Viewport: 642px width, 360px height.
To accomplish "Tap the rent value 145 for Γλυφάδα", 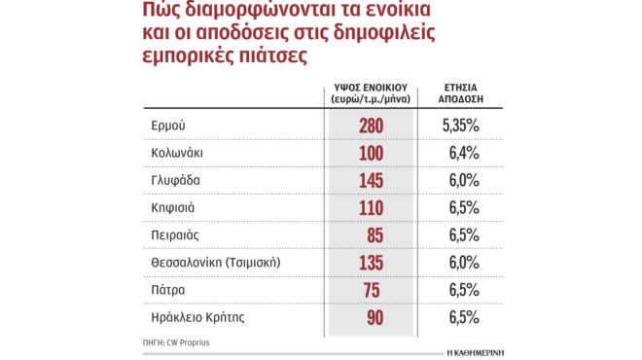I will point(370,180).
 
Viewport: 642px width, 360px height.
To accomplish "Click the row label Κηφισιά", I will point(173,207).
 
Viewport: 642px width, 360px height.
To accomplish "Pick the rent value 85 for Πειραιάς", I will point(370,234).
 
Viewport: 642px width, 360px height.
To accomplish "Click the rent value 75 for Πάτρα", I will point(370,290).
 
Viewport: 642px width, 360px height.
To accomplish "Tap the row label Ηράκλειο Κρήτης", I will point(197,317).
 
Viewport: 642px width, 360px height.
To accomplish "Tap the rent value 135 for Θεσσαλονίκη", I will point(370,262).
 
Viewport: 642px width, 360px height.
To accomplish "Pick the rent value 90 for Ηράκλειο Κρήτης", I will point(370,317).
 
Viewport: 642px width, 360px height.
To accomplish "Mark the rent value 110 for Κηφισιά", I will point(370,207).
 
